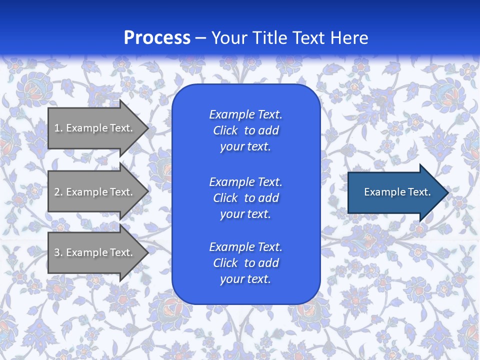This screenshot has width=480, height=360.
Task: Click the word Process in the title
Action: (x=157, y=37)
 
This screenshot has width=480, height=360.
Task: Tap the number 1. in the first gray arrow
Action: (x=58, y=128)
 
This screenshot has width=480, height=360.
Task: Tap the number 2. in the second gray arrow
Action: (x=58, y=192)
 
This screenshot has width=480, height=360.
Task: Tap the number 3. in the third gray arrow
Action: (x=58, y=252)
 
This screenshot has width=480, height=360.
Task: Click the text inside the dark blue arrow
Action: (x=397, y=192)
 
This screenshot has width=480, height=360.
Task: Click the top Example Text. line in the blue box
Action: (x=245, y=114)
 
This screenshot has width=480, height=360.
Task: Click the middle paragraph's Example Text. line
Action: (x=245, y=181)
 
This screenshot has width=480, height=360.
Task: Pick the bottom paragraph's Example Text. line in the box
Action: (x=245, y=247)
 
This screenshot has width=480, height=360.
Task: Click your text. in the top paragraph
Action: (x=245, y=147)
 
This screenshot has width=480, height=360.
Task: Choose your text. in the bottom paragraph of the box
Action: (x=245, y=279)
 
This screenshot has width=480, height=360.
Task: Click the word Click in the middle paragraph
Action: (x=225, y=198)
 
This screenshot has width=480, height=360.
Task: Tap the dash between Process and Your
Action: (x=200, y=38)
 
